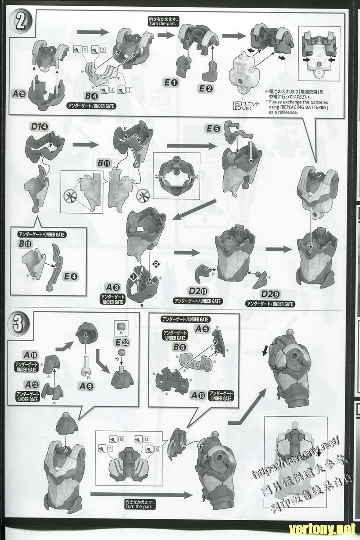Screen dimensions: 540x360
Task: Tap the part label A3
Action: tap(112, 286)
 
